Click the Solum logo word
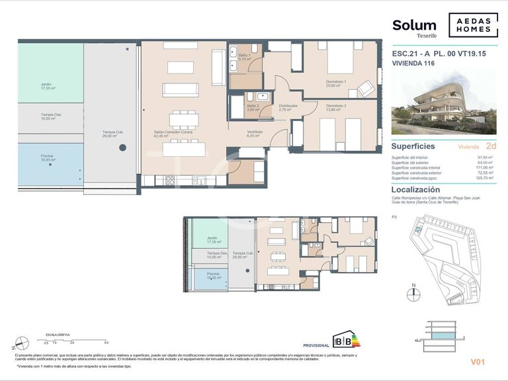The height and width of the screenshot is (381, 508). (x=414, y=26)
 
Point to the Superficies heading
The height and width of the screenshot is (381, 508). (x=413, y=146)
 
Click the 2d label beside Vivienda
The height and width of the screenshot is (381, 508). (x=491, y=146)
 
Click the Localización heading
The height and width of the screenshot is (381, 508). (x=415, y=189)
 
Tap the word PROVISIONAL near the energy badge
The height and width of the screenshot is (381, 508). (x=316, y=345)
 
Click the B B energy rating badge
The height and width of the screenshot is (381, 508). (x=345, y=341)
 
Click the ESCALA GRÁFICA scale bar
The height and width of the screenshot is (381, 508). (x=74, y=340)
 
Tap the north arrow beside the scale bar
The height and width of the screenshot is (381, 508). (x=21, y=343)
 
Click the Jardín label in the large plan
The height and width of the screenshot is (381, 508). (x=45, y=85)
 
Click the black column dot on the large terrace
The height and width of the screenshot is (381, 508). (x=122, y=148)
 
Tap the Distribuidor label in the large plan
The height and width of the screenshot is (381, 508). (x=288, y=106)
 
